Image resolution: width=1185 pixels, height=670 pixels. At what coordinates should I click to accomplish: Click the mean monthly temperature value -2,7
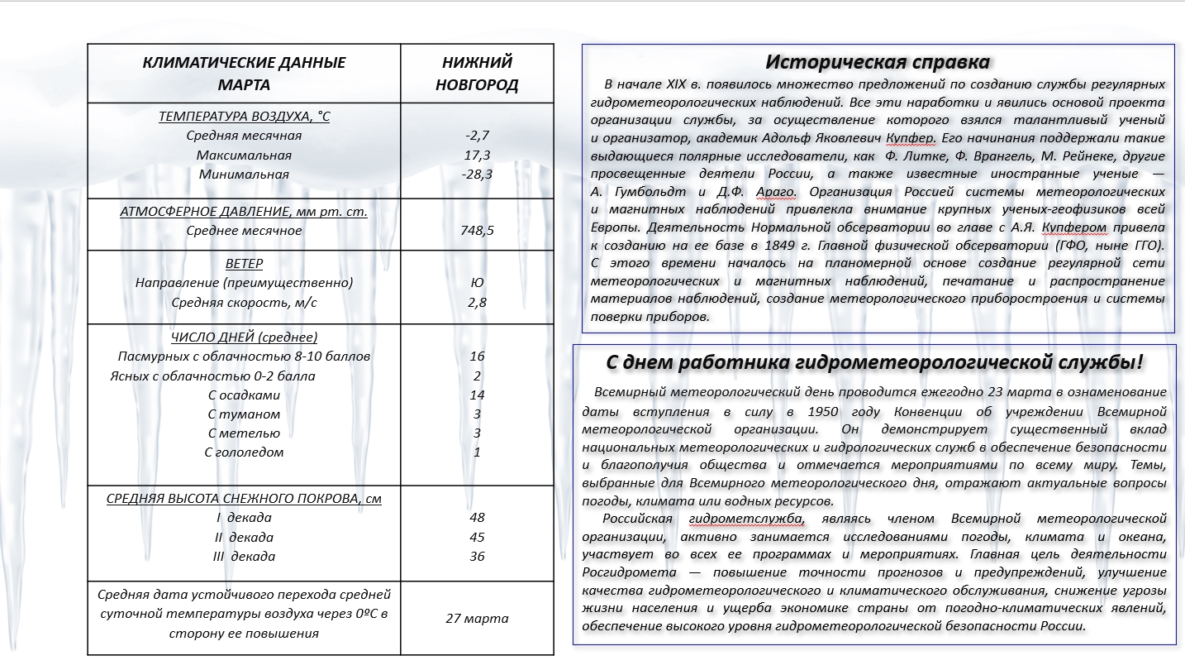point(477,136)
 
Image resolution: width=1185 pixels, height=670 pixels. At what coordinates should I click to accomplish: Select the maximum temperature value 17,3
point(477,156)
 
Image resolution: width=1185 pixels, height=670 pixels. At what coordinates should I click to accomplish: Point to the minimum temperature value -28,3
point(477,175)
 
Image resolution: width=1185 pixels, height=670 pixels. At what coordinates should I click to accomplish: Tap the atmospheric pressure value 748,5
point(477,231)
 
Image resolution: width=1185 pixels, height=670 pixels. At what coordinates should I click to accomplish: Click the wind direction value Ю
point(477,283)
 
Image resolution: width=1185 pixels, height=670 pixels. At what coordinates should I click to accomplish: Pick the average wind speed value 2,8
point(477,303)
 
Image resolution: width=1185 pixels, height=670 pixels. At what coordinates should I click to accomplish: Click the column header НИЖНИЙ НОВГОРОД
point(477,74)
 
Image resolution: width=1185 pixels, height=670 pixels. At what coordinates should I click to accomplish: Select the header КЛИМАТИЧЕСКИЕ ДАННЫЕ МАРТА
point(244,74)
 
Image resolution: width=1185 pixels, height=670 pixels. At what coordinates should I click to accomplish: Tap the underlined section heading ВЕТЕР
point(244,264)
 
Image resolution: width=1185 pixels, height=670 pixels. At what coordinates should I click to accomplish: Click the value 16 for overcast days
point(477,357)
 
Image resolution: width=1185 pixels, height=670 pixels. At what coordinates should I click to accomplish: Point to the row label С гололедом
point(244,452)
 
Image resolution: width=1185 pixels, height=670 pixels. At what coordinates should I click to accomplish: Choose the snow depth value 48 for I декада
point(477,518)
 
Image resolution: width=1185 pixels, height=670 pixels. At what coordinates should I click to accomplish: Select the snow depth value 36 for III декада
point(477,557)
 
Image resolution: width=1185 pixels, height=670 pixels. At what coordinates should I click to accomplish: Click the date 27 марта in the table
point(477,619)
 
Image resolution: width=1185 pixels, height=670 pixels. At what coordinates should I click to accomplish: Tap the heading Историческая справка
point(878,62)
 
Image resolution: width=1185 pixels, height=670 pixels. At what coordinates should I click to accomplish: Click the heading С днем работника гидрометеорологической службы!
point(875,362)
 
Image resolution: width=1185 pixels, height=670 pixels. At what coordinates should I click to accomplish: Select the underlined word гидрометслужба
point(746,519)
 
